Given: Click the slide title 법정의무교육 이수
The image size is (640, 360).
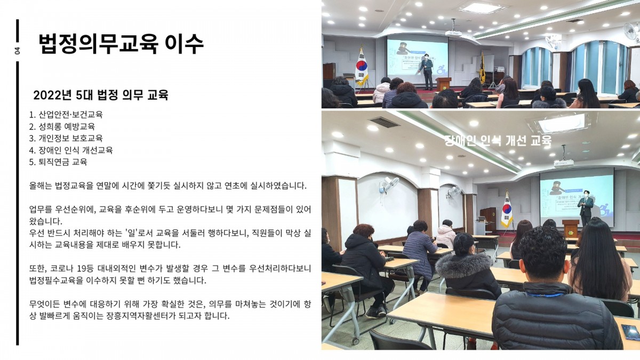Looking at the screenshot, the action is pyautogui.click(x=121, y=44).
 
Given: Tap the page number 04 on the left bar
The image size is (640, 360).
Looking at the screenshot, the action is pyautogui.click(x=18, y=51).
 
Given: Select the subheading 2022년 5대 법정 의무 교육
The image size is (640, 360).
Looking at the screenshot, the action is pyautogui.click(x=101, y=95).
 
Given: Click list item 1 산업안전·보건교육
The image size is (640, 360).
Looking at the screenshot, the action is pyautogui.click(x=66, y=115).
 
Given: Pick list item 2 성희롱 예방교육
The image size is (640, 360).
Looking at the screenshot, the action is pyautogui.click(x=62, y=126).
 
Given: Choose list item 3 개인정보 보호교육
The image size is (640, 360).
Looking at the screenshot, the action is pyautogui.click(x=66, y=138).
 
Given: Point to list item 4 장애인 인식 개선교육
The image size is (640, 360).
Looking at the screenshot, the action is pyautogui.click(x=71, y=150).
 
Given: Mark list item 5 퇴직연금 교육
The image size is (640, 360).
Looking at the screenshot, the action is pyautogui.click(x=58, y=162).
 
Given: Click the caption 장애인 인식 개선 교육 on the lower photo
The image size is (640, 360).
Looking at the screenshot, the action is pyautogui.click(x=498, y=141).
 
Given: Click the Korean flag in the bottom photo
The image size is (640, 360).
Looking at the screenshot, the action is pyautogui.click(x=507, y=210).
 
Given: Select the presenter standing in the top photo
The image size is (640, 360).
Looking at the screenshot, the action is pyautogui.click(x=427, y=71).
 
